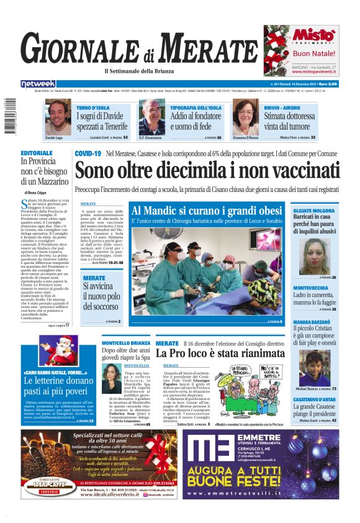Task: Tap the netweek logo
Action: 38,84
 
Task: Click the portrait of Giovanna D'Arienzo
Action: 246,116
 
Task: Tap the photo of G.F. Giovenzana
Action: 151,116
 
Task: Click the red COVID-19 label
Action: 88,153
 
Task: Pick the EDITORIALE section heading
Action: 37,153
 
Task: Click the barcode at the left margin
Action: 7,116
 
